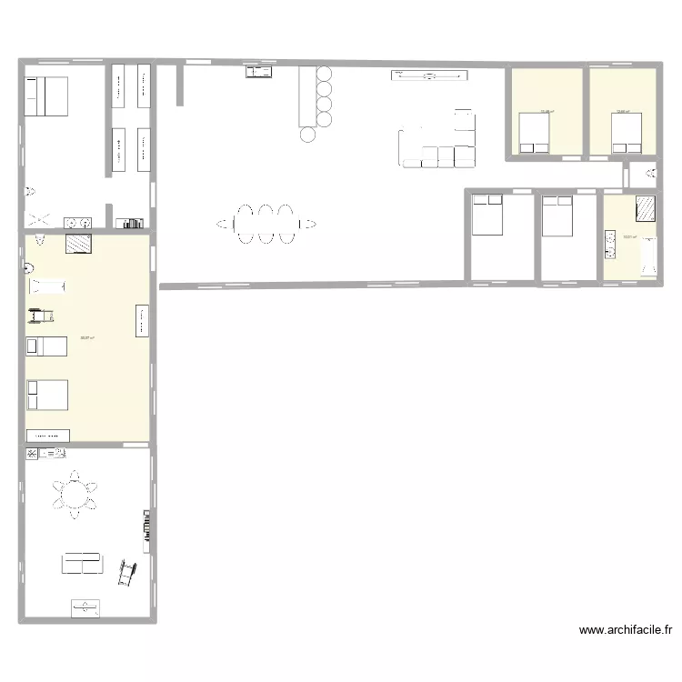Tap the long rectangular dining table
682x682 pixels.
click(265, 223)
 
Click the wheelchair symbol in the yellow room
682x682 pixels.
click(39, 316)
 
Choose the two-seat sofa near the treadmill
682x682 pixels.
click(82, 563)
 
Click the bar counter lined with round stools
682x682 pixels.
click(304, 95)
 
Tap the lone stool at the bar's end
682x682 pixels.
click(308, 135)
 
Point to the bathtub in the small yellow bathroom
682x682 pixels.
click(650, 256)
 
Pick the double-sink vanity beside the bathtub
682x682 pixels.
click(609, 245)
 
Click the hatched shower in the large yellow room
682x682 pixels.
click(77, 243)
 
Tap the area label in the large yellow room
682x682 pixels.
click(87, 337)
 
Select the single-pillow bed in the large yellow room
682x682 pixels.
click(45, 346)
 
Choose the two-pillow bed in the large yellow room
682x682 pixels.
click(47, 395)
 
